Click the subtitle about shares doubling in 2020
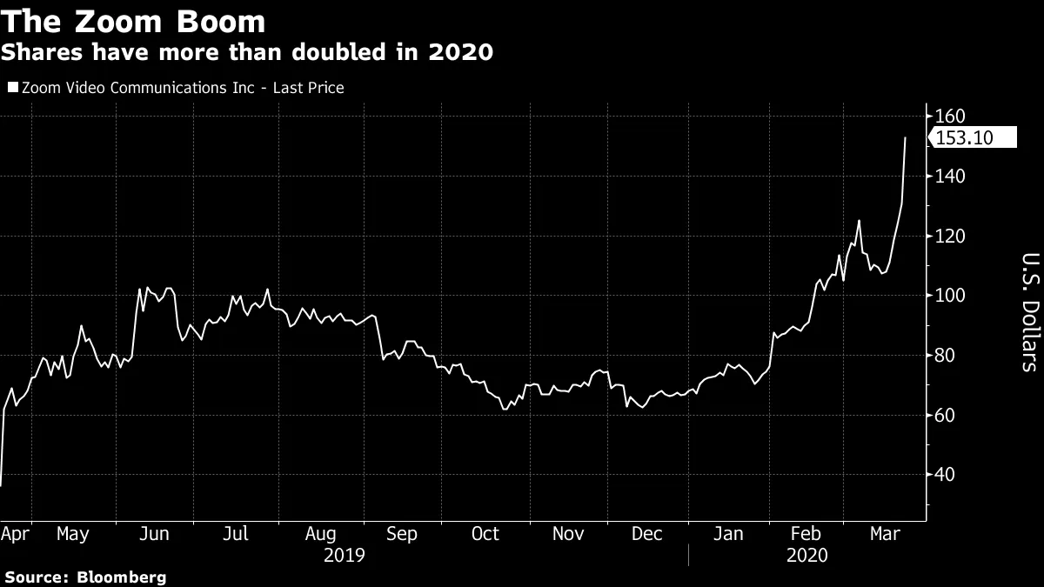click(247, 53)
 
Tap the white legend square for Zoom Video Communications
click(12, 88)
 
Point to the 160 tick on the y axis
click(951, 117)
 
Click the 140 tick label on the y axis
click(951, 177)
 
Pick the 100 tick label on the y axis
click(951, 296)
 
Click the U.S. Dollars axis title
click(1028, 311)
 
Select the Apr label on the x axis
click(16, 533)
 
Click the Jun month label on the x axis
click(154, 533)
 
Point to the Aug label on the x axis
click(322, 533)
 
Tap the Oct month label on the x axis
click(485, 533)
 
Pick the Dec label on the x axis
click(646, 533)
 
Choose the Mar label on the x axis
click(887, 533)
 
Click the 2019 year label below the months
click(344, 555)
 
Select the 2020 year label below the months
click(807, 555)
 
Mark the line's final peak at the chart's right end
click(906, 138)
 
